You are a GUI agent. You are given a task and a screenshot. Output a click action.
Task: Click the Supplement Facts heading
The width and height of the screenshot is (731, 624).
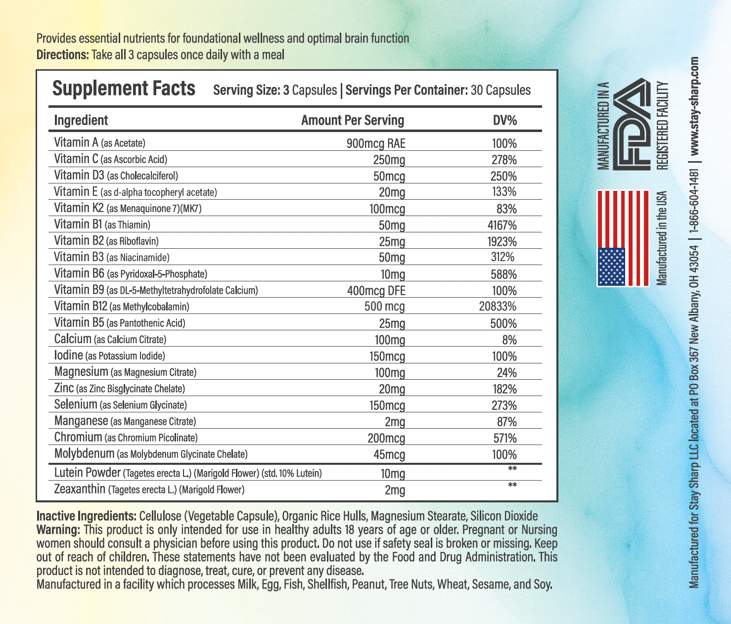(124, 89)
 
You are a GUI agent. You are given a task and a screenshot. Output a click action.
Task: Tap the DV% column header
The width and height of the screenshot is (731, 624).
(504, 121)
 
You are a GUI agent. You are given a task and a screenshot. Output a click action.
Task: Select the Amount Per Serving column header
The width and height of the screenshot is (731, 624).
(352, 121)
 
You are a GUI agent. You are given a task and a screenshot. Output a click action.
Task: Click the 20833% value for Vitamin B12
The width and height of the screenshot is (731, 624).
(498, 307)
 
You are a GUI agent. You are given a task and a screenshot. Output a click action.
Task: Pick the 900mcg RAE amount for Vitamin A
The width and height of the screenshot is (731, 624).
(376, 143)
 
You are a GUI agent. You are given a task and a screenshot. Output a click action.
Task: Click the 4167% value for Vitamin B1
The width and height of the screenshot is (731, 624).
(502, 225)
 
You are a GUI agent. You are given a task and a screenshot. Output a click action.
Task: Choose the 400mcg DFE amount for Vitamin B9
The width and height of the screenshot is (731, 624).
(376, 291)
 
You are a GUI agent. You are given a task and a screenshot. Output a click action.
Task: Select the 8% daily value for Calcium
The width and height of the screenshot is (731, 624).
(509, 340)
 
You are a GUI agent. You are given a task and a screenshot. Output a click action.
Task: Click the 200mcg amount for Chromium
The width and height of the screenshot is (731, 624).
(386, 438)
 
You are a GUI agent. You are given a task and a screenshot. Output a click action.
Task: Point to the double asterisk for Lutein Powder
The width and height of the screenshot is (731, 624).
(512, 468)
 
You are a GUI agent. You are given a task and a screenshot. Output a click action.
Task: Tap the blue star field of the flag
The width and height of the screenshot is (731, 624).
(611, 267)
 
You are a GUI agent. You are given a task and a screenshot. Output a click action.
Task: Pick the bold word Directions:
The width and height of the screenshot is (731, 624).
(62, 54)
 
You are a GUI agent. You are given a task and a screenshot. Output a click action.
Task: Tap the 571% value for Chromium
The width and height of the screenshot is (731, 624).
(504, 438)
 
